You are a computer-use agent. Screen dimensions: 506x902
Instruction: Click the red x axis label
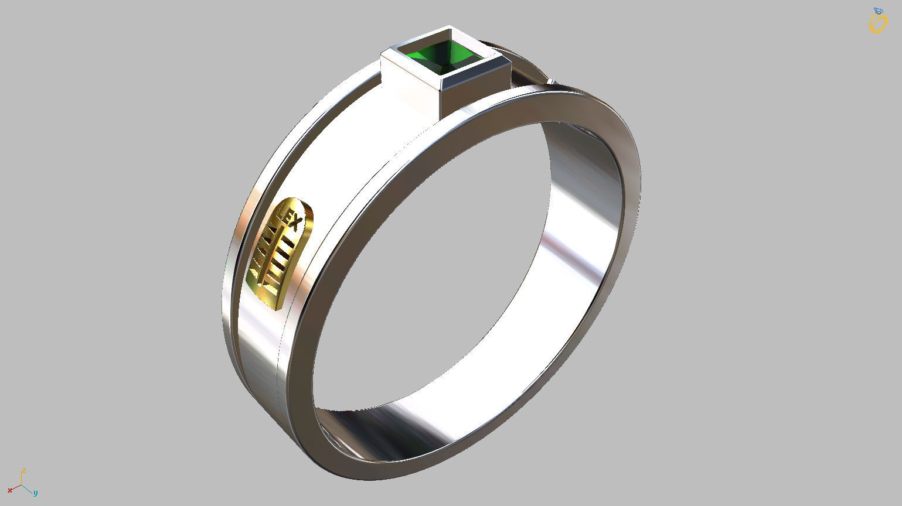pos(10,490)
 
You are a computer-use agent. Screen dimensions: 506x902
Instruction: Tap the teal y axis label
pos(35,493)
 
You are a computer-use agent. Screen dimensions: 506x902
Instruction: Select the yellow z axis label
pos(23,470)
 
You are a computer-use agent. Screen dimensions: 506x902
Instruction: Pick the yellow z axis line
pos(22,479)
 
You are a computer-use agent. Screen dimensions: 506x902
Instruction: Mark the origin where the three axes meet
pos(22,485)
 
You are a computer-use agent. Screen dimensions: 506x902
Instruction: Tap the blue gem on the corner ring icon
pos(878,11)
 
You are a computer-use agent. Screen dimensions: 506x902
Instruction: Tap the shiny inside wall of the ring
pos(580,234)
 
